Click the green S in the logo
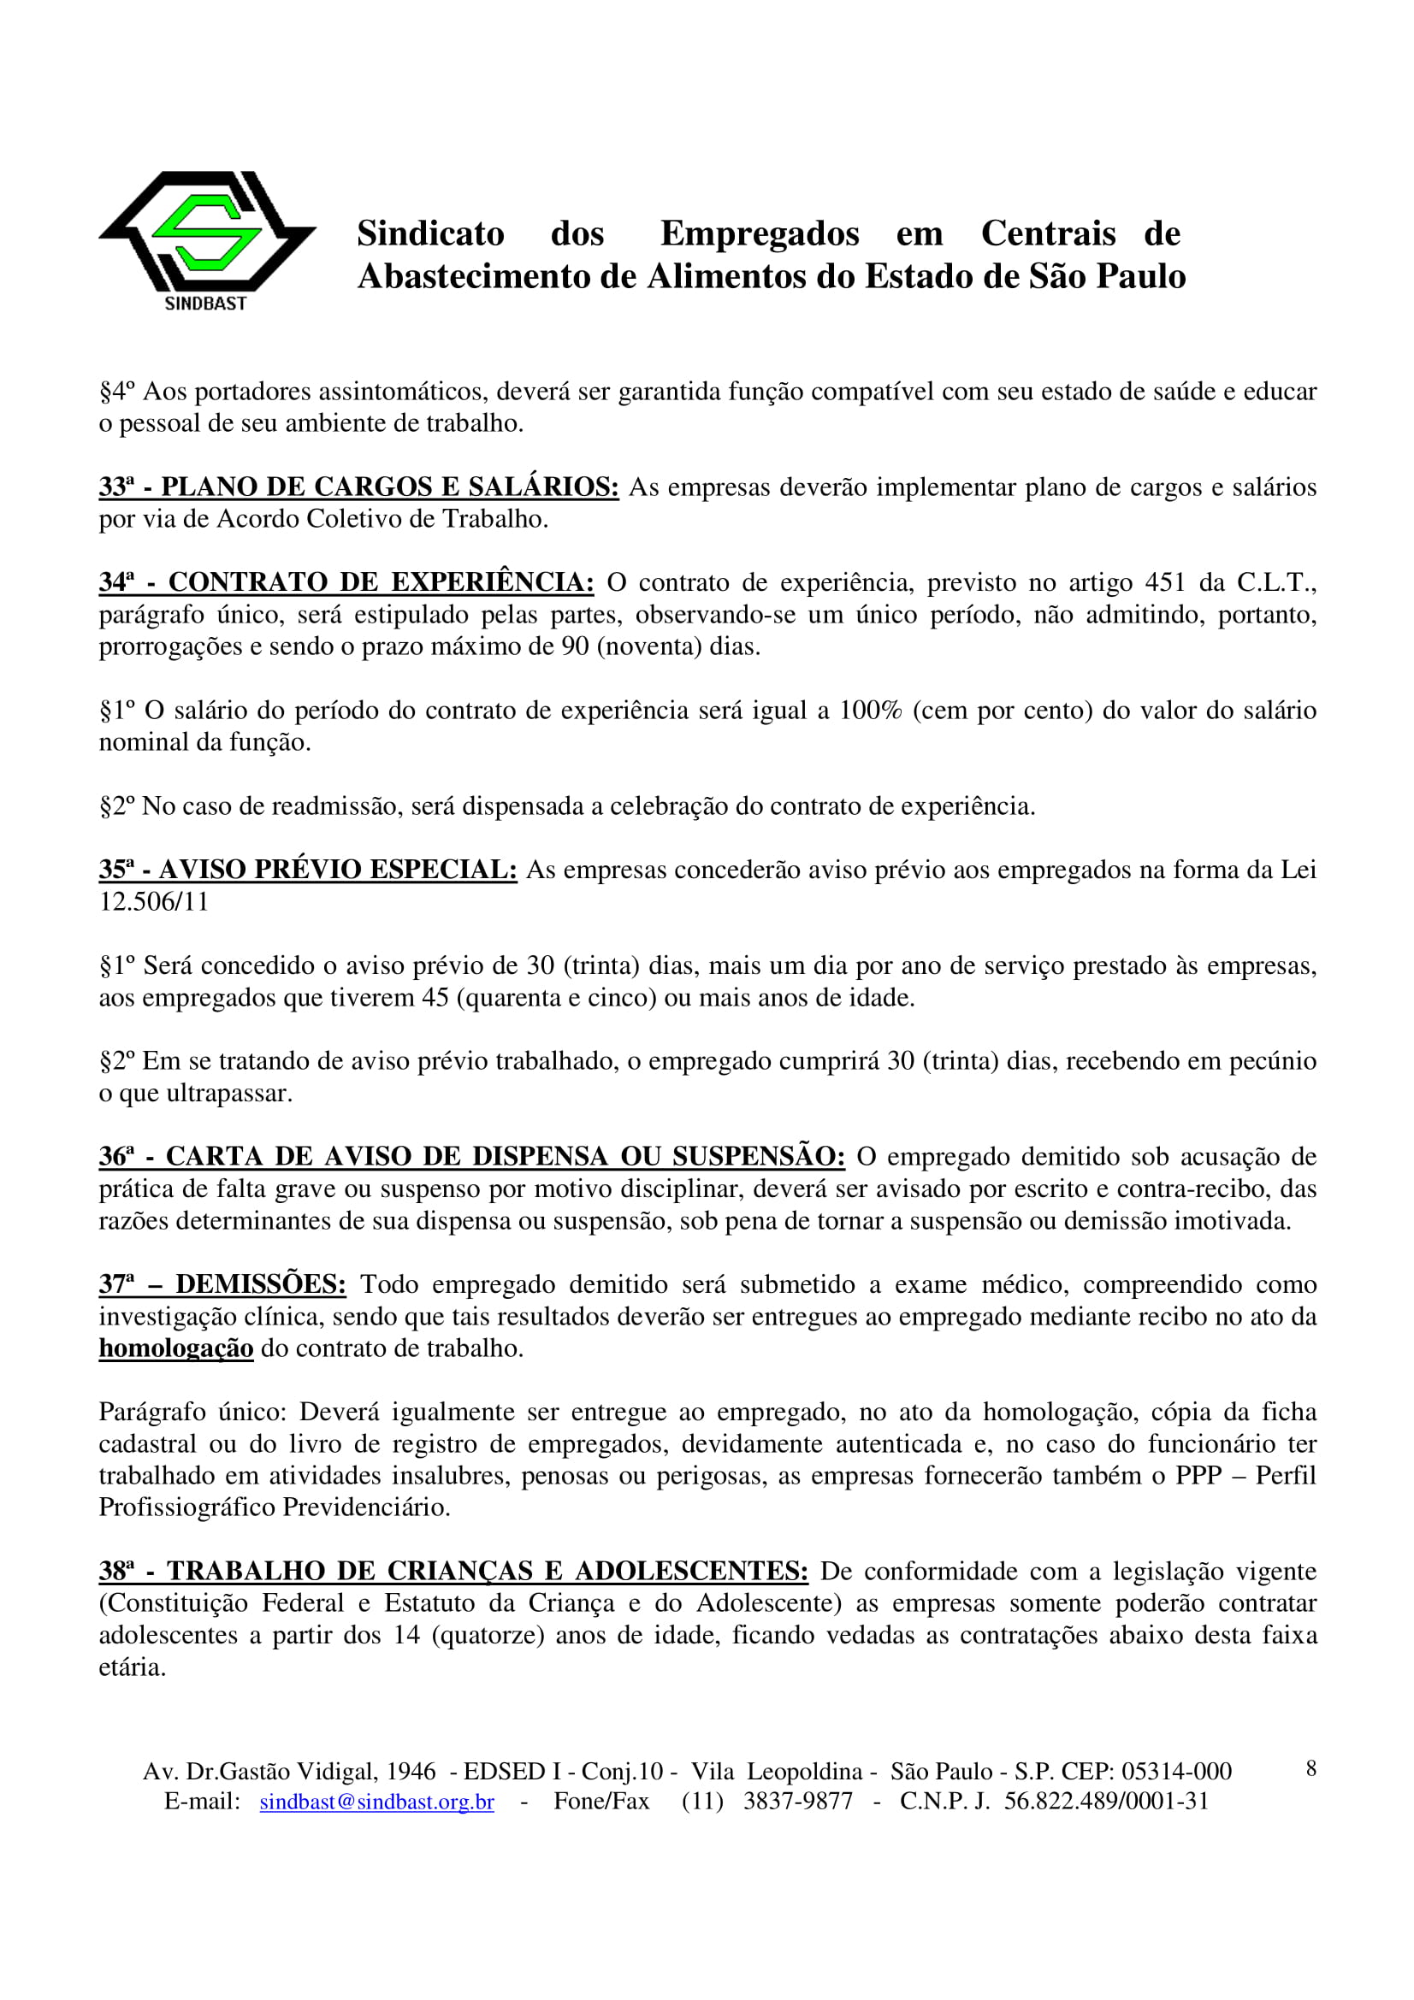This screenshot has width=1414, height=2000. (x=206, y=232)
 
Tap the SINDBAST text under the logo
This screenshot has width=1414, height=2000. (x=205, y=304)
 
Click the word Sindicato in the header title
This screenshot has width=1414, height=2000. (x=430, y=233)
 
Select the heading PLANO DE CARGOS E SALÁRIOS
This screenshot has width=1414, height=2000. (x=389, y=486)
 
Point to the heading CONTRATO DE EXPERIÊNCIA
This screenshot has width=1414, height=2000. (x=381, y=582)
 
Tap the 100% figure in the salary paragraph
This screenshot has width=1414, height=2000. (x=869, y=710)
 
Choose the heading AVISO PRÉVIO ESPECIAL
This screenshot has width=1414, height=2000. (x=337, y=870)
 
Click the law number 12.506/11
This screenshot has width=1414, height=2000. (x=153, y=901)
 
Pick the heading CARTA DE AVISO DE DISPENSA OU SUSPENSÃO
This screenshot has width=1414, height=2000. (x=506, y=1157)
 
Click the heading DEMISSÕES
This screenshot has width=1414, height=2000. (x=261, y=1284)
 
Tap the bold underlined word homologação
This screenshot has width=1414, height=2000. (x=176, y=1348)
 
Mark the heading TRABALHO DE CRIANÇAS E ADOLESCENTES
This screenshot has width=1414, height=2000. (x=487, y=1572)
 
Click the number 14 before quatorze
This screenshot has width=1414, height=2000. (x=406, y=1635)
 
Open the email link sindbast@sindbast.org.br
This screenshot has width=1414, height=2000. (x=376, y=1802)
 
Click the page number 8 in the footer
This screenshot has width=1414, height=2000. (x=1310, y=1768)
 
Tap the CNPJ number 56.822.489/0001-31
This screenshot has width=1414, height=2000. (x=1106, y=1802)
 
